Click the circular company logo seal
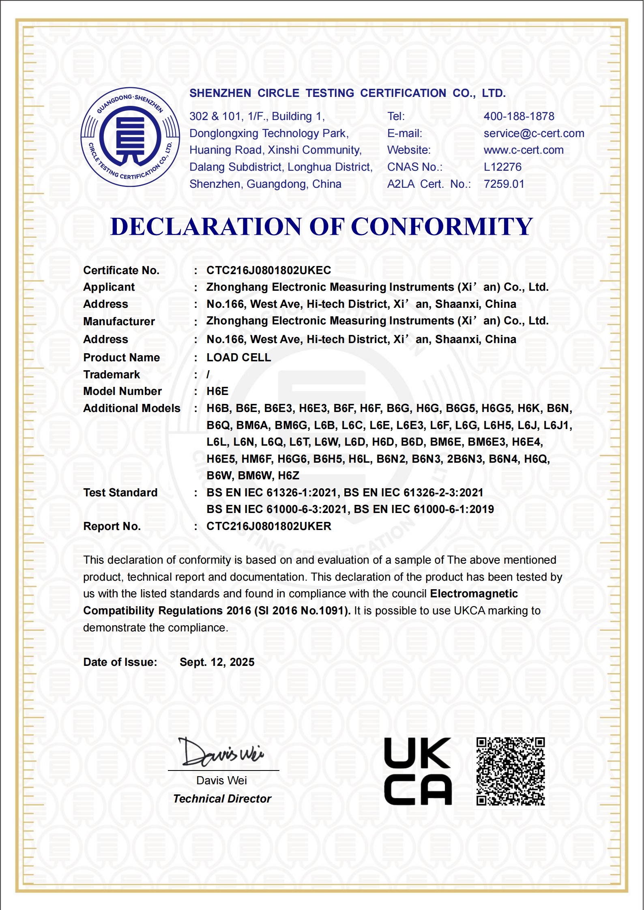(x=130, y=137)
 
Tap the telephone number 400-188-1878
(x=519, y=116)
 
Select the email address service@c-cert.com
(x=534, y=133)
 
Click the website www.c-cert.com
(x=523, y=150)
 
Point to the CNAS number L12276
(x=502, y=167)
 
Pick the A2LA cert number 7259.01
(x=504, y=184)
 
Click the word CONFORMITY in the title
(x=442, y=226)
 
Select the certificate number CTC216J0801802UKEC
(x=268, y=270)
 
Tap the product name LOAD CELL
(x=238, y=358)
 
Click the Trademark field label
(x=112, y=375)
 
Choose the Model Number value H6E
(x=217, y=391)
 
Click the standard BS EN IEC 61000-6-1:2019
(x=424, y=509)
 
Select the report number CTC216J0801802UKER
(x=268, y=526)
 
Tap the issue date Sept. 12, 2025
(x=217, y=662)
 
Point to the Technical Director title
(x=222, y=799)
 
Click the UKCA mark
(x=418, y=771)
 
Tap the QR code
(x=510, y=771)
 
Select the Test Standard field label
(x=120, y=493)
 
